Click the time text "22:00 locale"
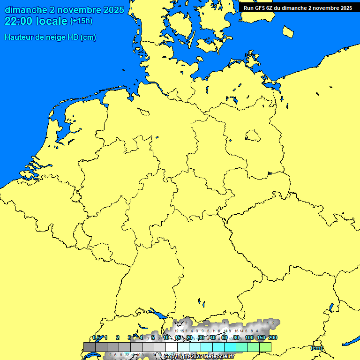click(x=36, y=21)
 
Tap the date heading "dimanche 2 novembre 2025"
click(x=64, y=9)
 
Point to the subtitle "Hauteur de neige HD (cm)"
click(x=50, y=37)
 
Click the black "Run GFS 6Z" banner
click(x=298, y=7)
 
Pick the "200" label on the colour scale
click(x=273, y=337)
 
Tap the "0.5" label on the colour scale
click(x=96, y=337)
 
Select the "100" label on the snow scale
click(x=249, y=337)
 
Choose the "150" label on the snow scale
click(x=261, y=337)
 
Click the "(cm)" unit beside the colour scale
click(x=316, y=348)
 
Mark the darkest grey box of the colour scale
click(x=90, y=347)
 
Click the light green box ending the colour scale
click(x=265, y=347)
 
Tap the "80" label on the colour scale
click(x=237, y=337)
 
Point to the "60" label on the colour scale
click(x=225, y=337)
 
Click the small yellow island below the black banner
click(x=288, y=31)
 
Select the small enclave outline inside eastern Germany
click(x=253, y=136)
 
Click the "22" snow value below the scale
click(x=127, y=355)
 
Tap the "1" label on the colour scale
click(x=106, y=337)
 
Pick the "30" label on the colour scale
click(x=201, y=337)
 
